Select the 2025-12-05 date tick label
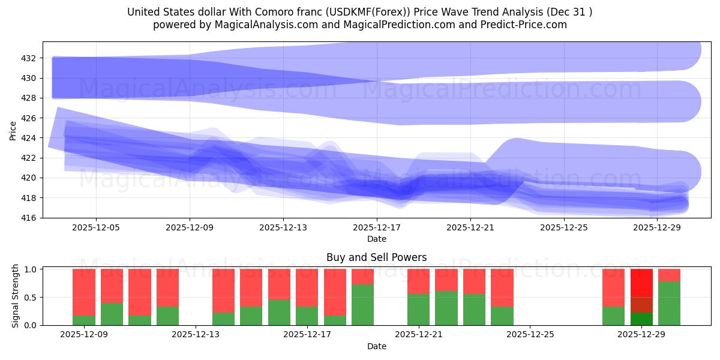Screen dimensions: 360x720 (x=96, y=228)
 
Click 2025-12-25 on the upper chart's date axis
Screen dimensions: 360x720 (x=564, y=228)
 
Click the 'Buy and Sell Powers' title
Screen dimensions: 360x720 (x=376, y=257)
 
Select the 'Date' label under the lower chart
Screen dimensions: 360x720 (x=376, y=346)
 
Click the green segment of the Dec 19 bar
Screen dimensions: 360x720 (x=362, y=305)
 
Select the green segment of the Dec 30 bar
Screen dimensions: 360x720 (x=669, y=303)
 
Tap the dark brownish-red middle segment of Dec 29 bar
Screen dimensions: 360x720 (x=641, y=305)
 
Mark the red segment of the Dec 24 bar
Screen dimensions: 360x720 (x=502, y=287)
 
